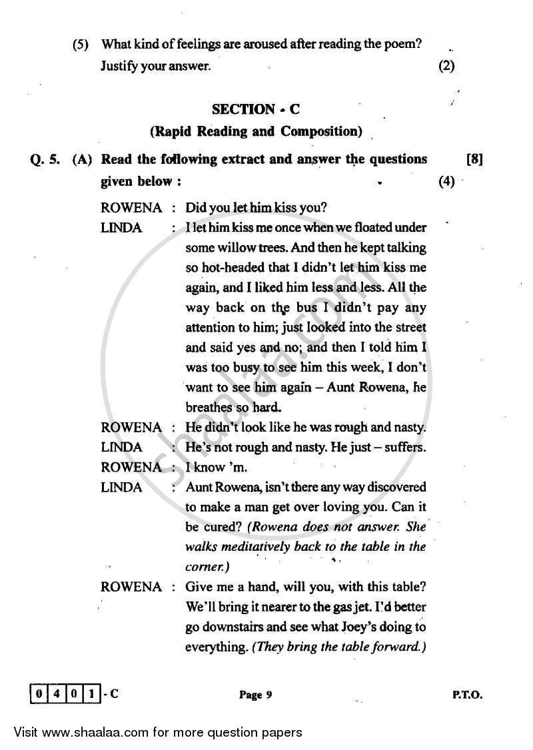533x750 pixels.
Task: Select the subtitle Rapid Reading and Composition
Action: (x=257, y=131)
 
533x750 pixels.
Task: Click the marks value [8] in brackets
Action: (x=475, y=159)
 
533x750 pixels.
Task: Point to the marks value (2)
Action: (x=446, y=66)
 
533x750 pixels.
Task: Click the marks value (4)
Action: (x=446, y=181)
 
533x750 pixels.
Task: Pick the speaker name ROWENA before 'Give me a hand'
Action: (x=131, y=587)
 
